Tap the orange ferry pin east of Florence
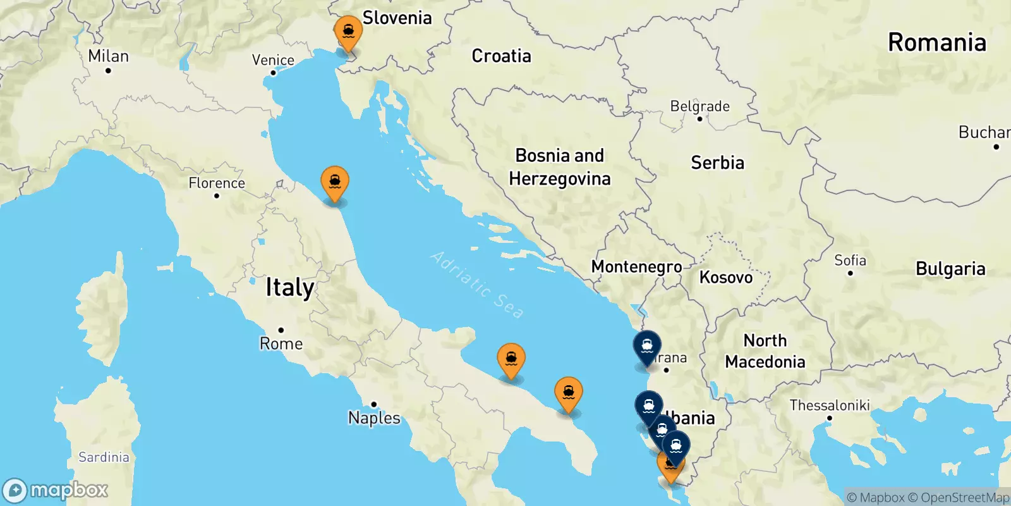click(x=335, y=183)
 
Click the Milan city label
click(x=108, y=56)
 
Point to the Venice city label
click(x=273, y=61)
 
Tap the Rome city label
click(x=281, y=343)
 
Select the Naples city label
click(x=374, y=417)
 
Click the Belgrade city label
click(x=699, y=106)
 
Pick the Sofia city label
click(x=850, y=261)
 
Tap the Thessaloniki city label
click(x=830, y=405)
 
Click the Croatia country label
click(x=501, y=56)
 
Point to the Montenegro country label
click(x=636, y=267)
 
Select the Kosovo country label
click(x=726, y=277)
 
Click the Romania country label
click(x=936, y=42)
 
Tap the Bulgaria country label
click(x=950, y=269)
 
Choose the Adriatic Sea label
click(x=477, y=284)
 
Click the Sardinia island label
click(x=104, y=457)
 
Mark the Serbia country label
click(x=717, y=163)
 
